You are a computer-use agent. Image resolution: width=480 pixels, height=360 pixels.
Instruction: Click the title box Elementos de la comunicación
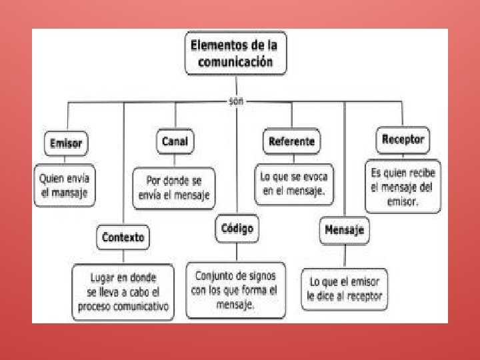pyautogui.click(x=235, y=53)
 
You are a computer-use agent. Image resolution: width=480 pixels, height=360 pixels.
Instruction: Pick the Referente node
pyautogui.click(x=291, y=141)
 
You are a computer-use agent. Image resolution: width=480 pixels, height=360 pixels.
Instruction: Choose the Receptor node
pyautogui.click(x=403, y=140)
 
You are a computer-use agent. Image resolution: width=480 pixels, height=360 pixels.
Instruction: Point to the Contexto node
pyautogui.click(x=123, y=237)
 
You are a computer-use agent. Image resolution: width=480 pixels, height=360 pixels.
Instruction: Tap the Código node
pyautogui.click(x=237, y=229)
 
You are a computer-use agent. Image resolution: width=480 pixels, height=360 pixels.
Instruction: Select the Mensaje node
pyautogui.click(x=344, y=231)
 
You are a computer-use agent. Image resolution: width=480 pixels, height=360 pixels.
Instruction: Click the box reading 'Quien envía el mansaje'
pyautogui.click(x=65, y=186)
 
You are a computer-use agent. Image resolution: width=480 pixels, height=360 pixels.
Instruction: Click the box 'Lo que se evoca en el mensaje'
pyautogui.click(x=293, y=183)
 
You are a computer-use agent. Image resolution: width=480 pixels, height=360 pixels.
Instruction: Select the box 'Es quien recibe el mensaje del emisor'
pyautogui.click(x=402, y=186)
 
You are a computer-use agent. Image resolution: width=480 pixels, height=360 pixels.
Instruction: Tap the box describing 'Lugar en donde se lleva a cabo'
pyautogui.click(x=123, y=291)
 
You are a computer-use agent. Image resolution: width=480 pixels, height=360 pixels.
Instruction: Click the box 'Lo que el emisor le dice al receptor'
pyautogui.click(x=344, y=288)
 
